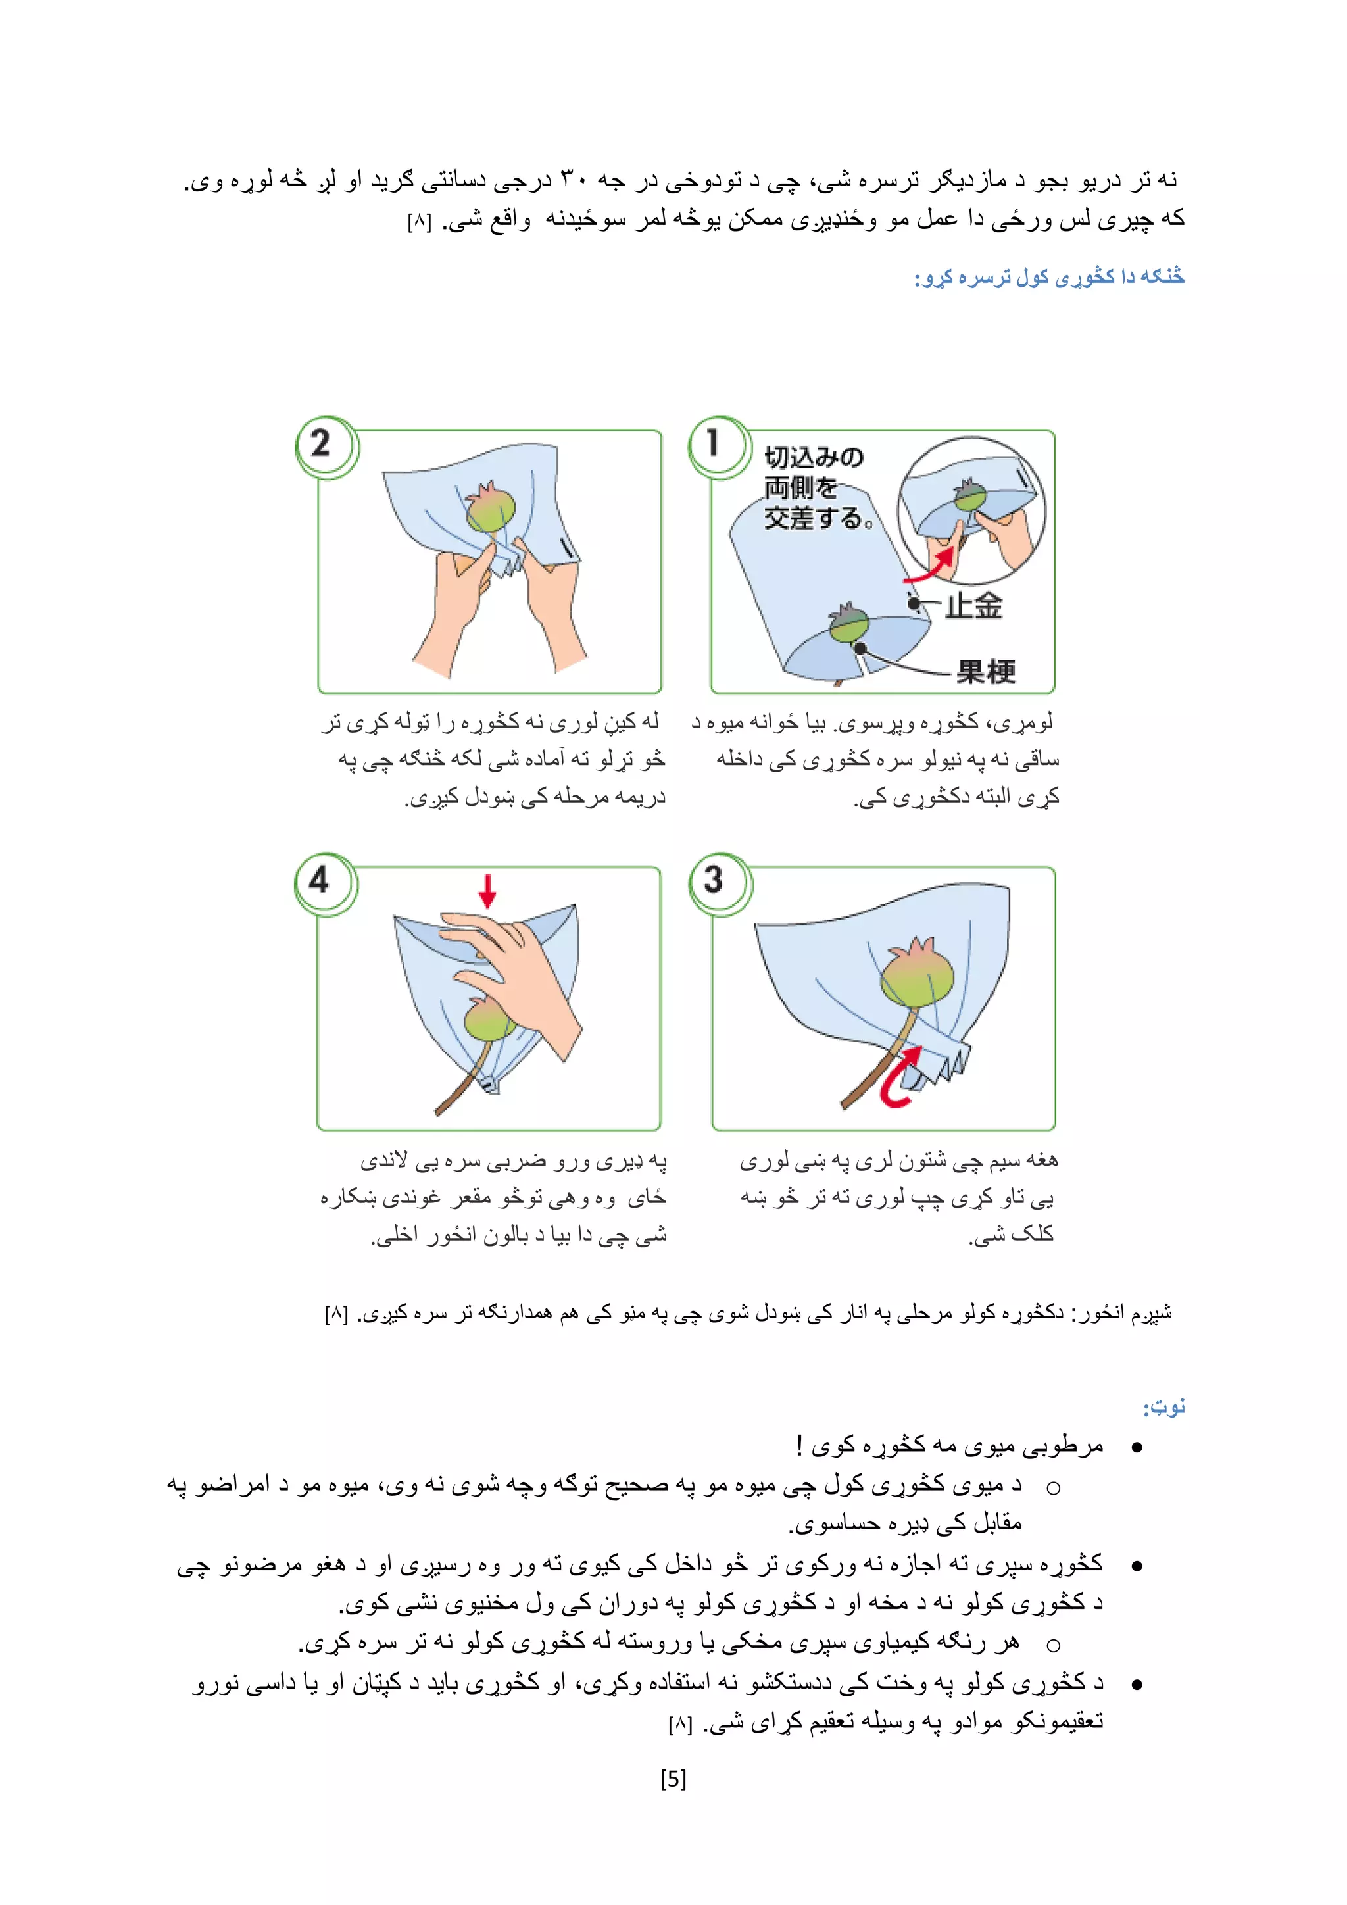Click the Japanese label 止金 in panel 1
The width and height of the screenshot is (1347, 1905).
974,605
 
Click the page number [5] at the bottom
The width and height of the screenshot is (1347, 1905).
673,1779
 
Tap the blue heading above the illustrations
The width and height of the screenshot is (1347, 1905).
1048,277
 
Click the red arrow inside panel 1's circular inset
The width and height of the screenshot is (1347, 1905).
933,565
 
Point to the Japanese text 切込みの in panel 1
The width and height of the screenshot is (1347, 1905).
814,457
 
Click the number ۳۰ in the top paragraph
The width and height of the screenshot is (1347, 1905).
573,178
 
